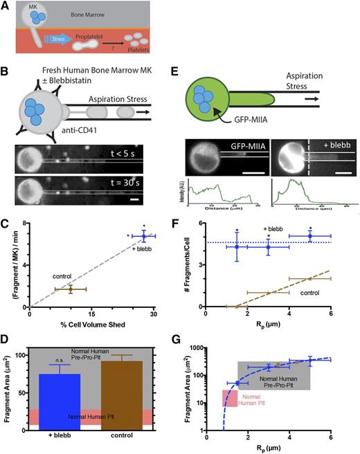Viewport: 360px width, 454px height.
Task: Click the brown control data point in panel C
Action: pos(70,289)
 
